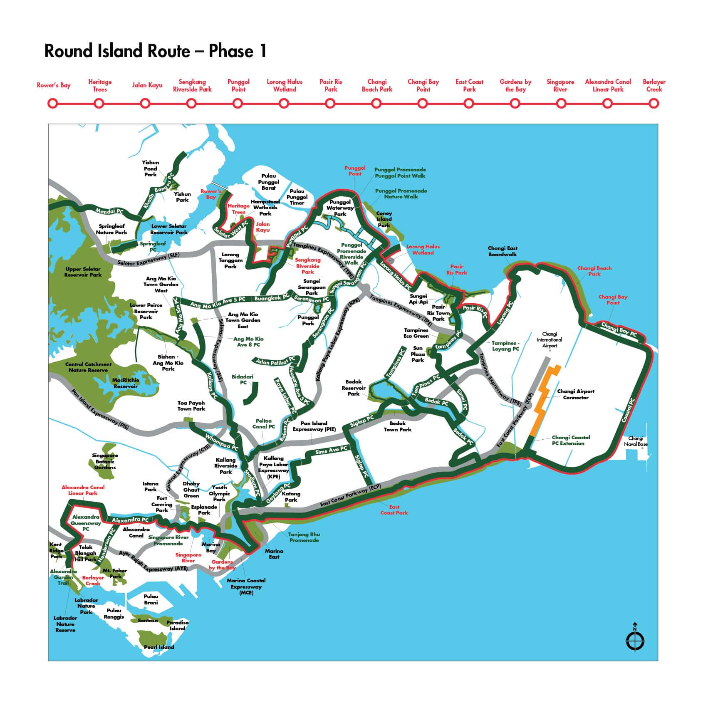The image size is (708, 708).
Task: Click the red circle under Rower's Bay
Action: pos(52,103)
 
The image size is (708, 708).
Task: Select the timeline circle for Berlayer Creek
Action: pos(654,103)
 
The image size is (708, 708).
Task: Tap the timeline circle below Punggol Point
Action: pos(238,103)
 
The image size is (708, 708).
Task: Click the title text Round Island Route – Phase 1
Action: pos(155,51)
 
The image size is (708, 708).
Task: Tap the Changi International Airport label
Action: pos(549,339)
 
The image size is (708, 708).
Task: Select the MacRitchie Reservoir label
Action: pos(125,383)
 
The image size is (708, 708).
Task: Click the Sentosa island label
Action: pos(148,621)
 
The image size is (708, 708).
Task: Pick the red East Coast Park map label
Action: pos(394,510)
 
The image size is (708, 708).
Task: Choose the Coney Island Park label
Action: pos(384,219)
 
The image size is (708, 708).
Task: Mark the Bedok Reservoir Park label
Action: pos(353,387)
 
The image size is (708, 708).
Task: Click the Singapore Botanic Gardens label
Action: pos(105,461)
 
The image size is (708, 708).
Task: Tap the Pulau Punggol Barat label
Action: pos(268,182)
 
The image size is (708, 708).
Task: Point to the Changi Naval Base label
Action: pos(636,441)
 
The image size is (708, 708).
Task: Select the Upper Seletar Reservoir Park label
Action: pos(83,272)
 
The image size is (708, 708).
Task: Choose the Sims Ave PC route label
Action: pos(331,450)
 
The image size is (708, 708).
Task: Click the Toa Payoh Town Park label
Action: pos(191,406)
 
